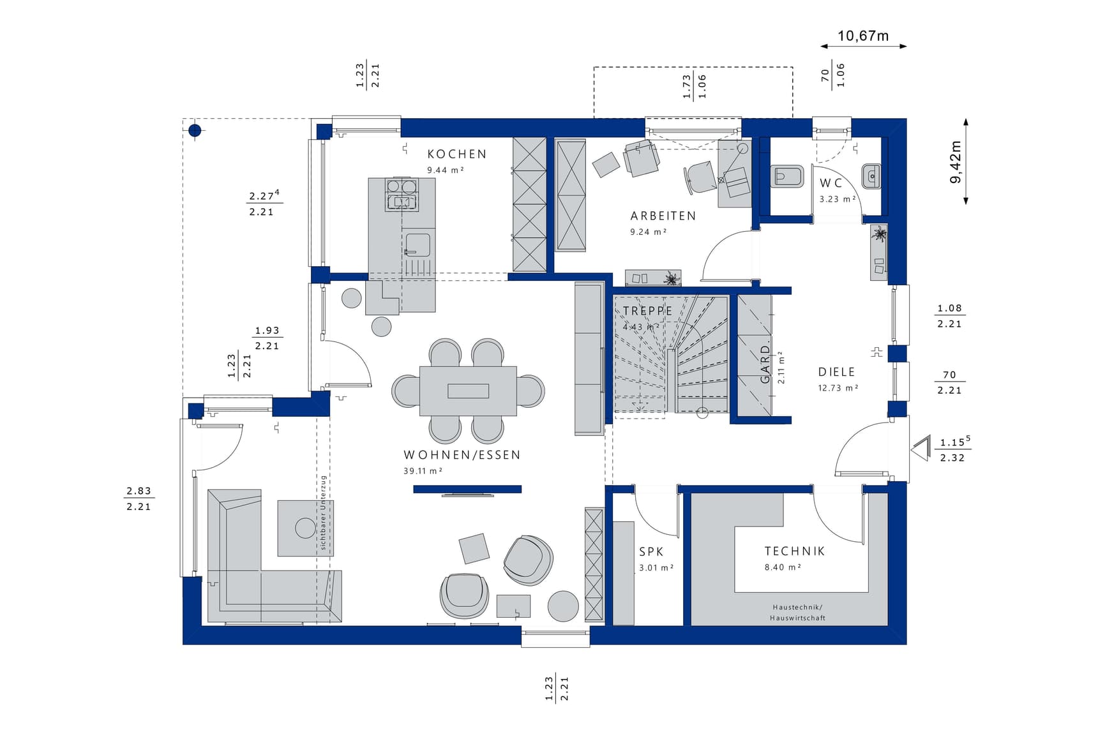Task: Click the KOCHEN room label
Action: pyautogui.click(x=456, y=154)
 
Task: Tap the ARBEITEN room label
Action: pyautogui.click(x=663, y=216)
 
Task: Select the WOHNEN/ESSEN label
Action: pyautogui.click(x=462, y=455)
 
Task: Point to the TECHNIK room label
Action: pyautogui.click(x=795, y=551)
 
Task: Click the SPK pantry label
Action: pyautogui.click(x=651, y=552)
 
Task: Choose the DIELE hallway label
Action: pyautogui.click(x=836, y=372)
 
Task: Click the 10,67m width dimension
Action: pyautogui.click(x=863, y=36)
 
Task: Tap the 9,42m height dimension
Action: pyautogui.click(x=956, y=162)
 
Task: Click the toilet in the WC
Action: pyautogui.click(x=786, y=176)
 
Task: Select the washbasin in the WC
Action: pyautogui.click(x=871, y=176)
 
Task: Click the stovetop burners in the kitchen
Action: pyautogui.click(x=401, y=194)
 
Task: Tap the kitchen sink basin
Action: pyautogui.click(x=417, y=245)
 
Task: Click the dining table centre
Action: pyautogui.click(x=468, y=391)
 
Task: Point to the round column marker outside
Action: pyautogui.click(x=195, y=131)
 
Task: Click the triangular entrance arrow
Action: pyautogui.click(x=921, y=449)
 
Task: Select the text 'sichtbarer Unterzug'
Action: pyautogui.click(x=324, y=512)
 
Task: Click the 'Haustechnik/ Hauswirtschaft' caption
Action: pyautogui.click(x=797, y=613)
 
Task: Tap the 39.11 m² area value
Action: pyautogui.click(x=423, y=471)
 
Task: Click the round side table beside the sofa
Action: pyautogui.click(x=306, y=528)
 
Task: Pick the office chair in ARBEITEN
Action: pyautogui.click(x=700, y=176)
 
